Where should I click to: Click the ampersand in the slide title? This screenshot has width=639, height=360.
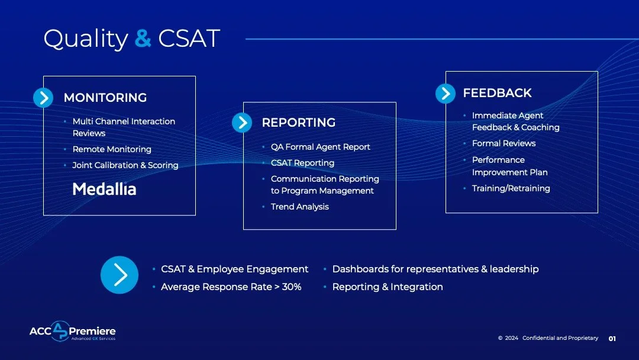[143, 39]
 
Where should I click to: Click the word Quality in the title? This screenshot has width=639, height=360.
[85, 39]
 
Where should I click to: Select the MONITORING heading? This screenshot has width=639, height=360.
[105, 98]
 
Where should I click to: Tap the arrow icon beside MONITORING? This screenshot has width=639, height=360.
[43, 98]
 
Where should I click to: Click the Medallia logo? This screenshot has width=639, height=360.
[104, 189]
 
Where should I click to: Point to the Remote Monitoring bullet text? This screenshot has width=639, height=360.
[112, 149]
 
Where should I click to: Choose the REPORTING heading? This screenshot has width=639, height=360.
[298, 123]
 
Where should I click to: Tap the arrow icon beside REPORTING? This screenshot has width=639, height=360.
[241, 123]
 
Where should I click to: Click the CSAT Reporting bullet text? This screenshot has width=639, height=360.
[302, 163]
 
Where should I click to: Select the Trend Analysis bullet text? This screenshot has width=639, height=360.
[299, 207]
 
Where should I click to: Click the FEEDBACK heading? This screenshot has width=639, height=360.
[497, 93]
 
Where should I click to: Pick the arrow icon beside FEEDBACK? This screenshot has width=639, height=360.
[445, 93]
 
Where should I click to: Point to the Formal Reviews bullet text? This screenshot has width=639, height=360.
[504, 143]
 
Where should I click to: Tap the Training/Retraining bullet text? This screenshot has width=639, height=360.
[511, 188]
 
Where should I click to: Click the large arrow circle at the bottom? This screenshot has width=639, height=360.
[120, 275]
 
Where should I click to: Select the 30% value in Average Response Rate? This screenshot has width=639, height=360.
[292, 287]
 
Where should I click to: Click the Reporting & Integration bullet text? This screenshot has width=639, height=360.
[387, 287]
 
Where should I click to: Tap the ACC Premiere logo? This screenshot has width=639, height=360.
[72, 332]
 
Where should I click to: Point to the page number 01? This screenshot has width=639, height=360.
[612, 339]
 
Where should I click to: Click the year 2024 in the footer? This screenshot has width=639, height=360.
[511, 338]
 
